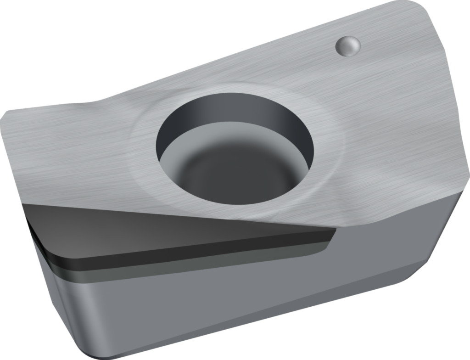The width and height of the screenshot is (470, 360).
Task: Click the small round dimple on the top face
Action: (x=348, y=46)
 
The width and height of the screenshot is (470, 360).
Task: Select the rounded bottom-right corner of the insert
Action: (x=413, y=276)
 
